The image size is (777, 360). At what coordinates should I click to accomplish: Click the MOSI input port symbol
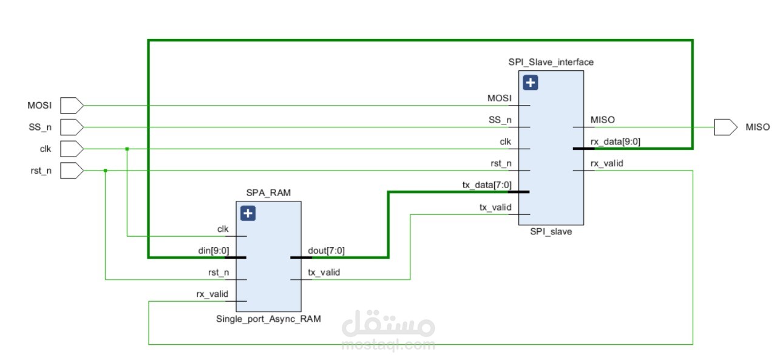(x=72, y=105)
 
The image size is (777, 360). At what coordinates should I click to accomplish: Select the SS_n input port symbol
(x=72, y=127)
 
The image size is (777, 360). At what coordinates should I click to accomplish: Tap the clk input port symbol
(x=72, y=149)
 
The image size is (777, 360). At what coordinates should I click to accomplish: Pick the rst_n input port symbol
(x=72, y=171)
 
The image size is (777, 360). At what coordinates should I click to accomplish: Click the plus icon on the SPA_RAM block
(x=248, y=213)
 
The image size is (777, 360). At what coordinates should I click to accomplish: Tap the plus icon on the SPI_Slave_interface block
(x=531, y=83)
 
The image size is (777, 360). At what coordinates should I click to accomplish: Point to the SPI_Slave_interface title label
(x=551, y=62)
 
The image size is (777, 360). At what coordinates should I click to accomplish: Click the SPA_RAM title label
(x=268, y=192)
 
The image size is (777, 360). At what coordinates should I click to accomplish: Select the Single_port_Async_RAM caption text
(x=268, y=319)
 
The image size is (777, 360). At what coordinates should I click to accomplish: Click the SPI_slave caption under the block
(x=551, y=232)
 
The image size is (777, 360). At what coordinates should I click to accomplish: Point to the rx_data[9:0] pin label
(x=616, y=142)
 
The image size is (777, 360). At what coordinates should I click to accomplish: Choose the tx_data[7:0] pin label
(x=487, y=185)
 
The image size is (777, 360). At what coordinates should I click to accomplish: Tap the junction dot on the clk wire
(x=127, y=149)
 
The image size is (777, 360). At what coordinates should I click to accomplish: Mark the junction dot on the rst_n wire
(x=105, y=171)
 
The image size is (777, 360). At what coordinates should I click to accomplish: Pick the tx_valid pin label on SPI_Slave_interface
(x=495, y=207)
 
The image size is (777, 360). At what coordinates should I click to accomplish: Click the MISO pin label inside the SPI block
(x=603, y=120)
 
